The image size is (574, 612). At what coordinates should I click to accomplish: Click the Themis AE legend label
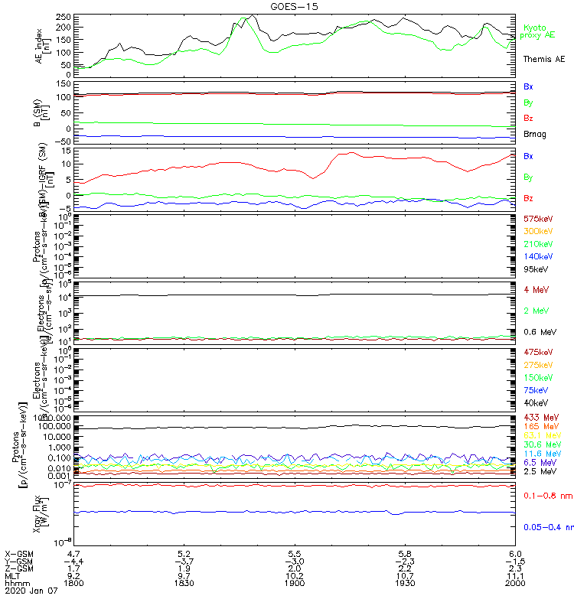pos(543,59)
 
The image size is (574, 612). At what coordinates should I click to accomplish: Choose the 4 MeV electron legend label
pos(536,289)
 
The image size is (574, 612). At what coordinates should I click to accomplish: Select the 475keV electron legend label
pos(538,352)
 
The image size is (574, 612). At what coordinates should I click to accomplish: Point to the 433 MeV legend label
pos(540,417)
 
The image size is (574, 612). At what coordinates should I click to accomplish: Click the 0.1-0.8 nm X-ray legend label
pos(546,496)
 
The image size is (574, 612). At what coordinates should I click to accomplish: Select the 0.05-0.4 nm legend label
pos(548,527)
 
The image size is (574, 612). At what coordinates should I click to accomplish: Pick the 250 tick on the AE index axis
pos(66,17)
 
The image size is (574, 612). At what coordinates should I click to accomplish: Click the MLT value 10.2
pos(294,575)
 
